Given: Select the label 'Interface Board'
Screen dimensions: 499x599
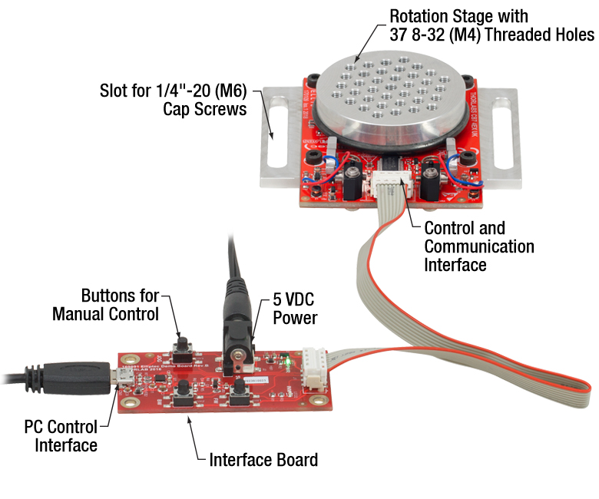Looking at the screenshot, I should pyautogui.click(x=263, y=460).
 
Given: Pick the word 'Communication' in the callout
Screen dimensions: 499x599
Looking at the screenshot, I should pyautogui.click(x=478, y=246).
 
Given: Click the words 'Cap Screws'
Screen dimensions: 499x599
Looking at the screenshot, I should pyautogui.click(x=204, y=109).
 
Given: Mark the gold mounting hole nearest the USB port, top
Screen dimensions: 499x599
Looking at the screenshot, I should pyautogui.click(x=124, y=362).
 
